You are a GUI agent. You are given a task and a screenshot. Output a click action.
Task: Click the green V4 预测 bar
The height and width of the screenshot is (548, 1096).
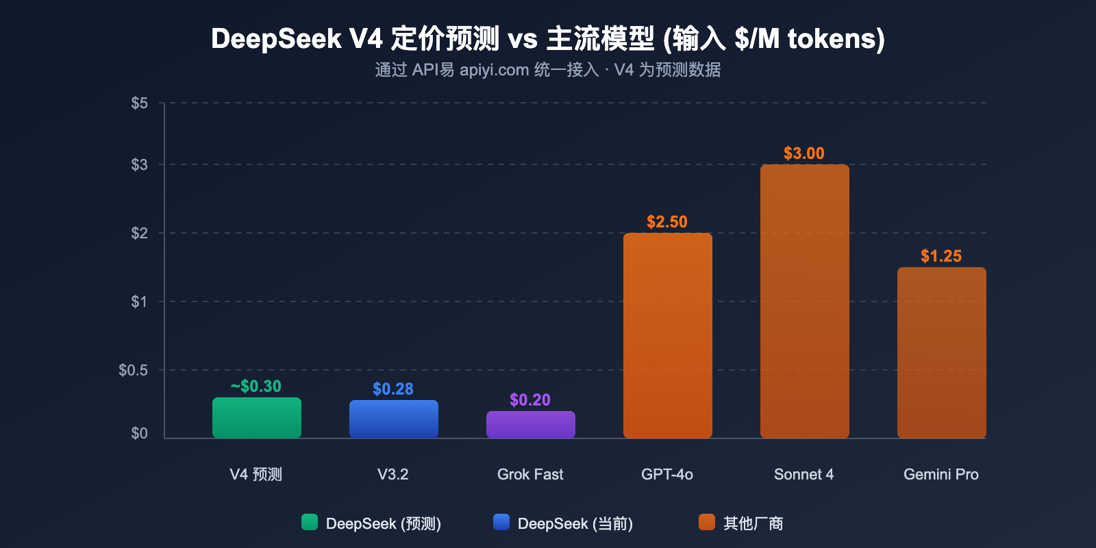point(257,418)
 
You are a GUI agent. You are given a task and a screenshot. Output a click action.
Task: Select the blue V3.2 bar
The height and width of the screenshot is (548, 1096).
point(394,419)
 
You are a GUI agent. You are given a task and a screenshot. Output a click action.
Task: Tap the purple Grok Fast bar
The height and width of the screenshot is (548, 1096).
point(531,425)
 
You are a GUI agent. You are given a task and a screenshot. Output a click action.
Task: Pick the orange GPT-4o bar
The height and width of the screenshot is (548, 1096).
point(668,336)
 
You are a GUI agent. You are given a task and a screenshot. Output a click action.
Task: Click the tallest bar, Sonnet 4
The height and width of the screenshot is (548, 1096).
point(805,301)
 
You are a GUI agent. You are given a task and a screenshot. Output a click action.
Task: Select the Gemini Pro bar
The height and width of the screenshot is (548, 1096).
point(942,353)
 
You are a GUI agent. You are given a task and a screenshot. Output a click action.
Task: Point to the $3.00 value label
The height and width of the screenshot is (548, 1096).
point(804,153)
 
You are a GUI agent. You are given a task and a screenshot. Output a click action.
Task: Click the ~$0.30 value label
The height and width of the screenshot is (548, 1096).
point(256,386)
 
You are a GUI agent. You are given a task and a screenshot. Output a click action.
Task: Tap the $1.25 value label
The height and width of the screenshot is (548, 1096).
point(941,256)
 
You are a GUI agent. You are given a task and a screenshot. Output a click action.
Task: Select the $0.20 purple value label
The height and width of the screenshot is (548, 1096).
point(530,400)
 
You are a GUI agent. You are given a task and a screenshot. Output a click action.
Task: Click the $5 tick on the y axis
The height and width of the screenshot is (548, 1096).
point(140,103)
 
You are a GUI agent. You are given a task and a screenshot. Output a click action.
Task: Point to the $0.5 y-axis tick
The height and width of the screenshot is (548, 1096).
point(134,371)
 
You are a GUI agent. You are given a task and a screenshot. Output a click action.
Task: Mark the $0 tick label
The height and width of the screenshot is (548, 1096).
point(140,434)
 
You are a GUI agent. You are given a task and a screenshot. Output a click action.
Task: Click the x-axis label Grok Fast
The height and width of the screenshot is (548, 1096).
point(530,474)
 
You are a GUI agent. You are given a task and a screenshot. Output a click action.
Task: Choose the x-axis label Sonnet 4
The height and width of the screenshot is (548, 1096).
point(804,474)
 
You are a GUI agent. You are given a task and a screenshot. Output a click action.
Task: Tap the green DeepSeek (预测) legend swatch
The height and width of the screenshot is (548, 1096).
point(310,522)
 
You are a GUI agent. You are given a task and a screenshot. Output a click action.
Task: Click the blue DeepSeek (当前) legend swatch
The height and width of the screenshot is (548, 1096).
point(501,522)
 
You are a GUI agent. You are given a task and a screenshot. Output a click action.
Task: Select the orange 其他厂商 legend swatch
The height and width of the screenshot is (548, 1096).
point(707,522)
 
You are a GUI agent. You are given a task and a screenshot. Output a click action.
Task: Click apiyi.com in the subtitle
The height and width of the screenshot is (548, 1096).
point(494,70)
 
